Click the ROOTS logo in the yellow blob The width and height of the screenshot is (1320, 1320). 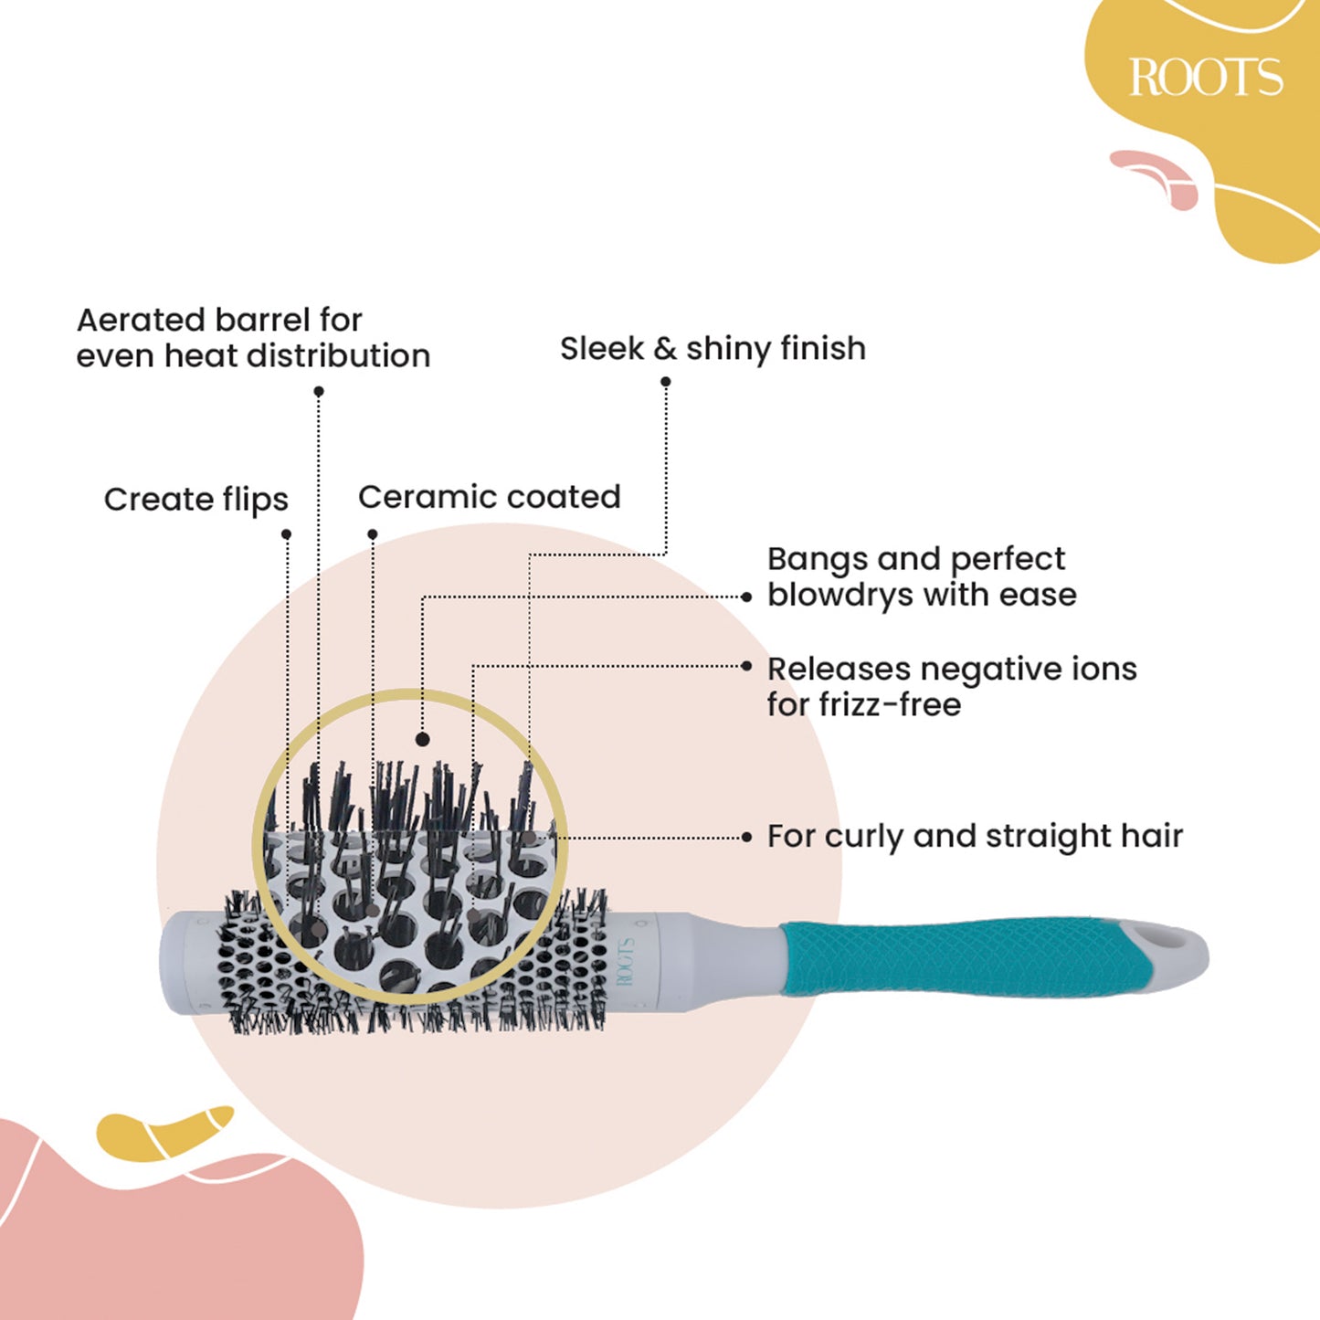(1206, 77)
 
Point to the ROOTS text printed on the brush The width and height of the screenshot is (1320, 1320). (627, 961)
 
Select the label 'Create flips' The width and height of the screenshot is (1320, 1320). (195, 500)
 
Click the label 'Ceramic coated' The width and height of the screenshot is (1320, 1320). (489, 497)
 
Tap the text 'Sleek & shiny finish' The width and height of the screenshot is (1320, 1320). (713, 348)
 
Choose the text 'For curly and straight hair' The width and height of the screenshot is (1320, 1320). (975, 836)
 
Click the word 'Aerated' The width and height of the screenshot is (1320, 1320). (141, 320)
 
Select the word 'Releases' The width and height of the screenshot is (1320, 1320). (839, 669)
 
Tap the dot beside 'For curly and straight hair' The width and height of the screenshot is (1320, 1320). (747, 837)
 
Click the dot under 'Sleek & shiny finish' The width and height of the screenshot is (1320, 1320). (666, 383)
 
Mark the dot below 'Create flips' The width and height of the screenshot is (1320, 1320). (286, 534)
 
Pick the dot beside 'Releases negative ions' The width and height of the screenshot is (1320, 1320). (747, 667)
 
